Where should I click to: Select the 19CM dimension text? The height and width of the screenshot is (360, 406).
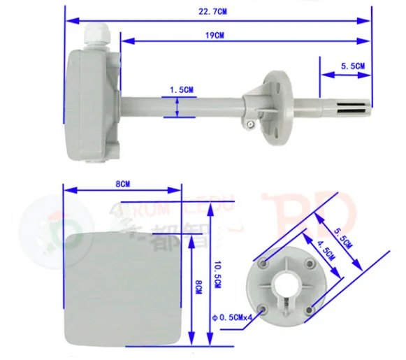tap(215, 35)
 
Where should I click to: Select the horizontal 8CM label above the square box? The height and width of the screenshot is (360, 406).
tap(122, 184)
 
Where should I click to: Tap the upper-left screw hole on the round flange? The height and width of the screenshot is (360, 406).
tap(263, 264)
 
